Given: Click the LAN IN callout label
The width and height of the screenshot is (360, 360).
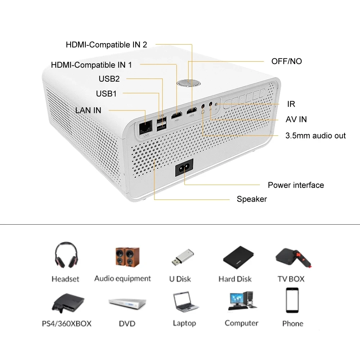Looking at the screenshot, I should (x=88, y=110).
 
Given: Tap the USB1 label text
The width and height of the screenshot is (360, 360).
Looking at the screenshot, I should (x=106, y=94).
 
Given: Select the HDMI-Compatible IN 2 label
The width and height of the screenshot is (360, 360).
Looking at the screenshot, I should (x=106, y=45).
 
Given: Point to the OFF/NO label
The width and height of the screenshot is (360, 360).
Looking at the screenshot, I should (x=287, y=61).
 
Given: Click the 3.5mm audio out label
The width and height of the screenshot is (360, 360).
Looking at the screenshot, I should (x=315, y=136).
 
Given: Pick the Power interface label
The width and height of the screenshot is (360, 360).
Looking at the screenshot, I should (x=296, y=185).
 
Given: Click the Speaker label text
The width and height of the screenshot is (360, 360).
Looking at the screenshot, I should (x=252, y=199).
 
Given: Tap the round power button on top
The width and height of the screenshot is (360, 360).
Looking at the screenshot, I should (x=189, y=82).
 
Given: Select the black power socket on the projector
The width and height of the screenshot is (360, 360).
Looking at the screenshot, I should (x=184, y=168).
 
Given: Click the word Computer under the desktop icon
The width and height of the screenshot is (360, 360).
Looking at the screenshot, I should (x=241, y=323).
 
